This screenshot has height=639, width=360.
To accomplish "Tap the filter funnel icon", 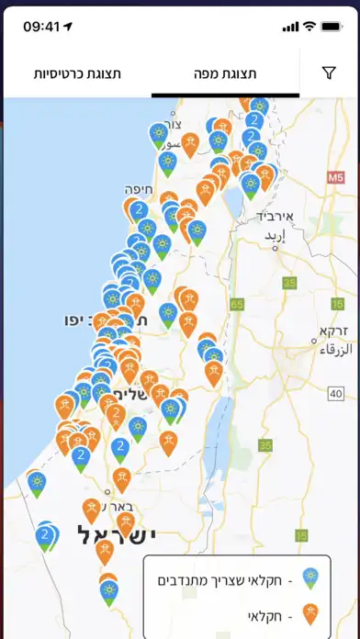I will [x=329, y=73].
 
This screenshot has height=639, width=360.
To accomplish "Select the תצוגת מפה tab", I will [x=225, y=73].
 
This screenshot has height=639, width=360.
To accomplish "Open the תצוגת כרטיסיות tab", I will [x=77, y=73].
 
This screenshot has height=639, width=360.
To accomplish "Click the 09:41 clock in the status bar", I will [x=41, y=27].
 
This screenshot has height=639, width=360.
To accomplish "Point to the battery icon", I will [x=331, y=27].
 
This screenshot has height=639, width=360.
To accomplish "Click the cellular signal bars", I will [x=290, y=27].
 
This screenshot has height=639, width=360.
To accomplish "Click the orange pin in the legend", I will [x=310, y=613].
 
